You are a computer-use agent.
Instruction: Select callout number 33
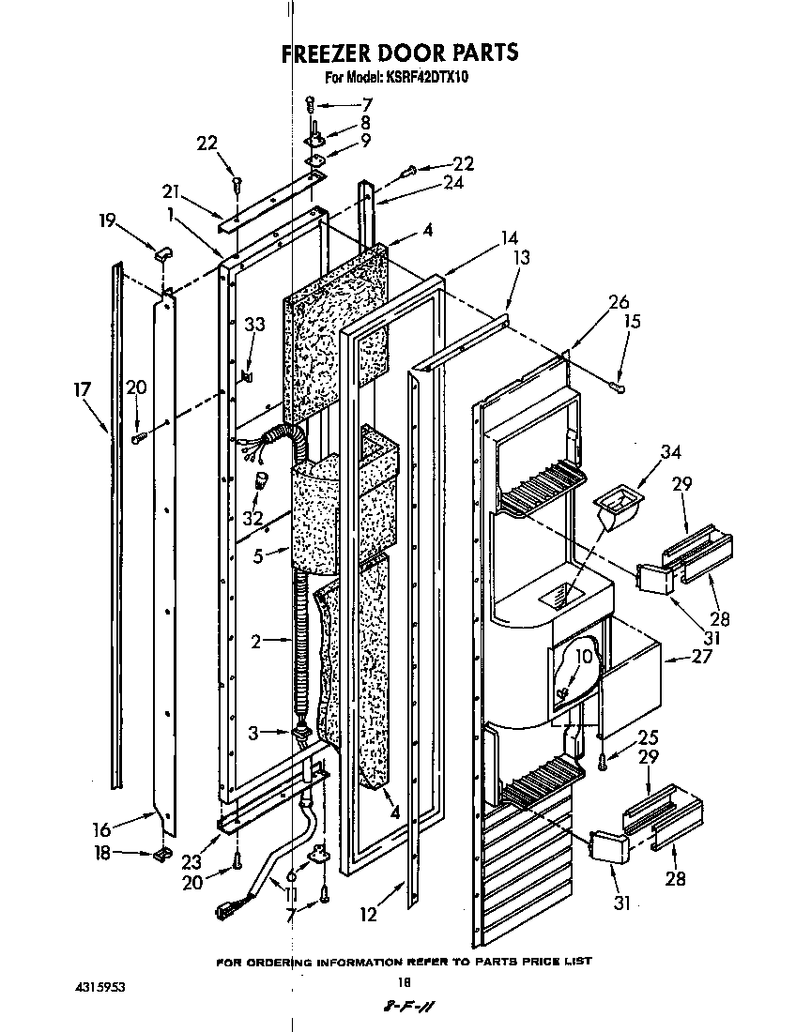click(x=254, y=325)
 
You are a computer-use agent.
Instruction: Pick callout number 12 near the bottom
click(x=369, y=915)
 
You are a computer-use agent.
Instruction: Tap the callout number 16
click(x=102, y=828)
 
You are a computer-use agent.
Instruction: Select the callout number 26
click(x=619, y=302)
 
